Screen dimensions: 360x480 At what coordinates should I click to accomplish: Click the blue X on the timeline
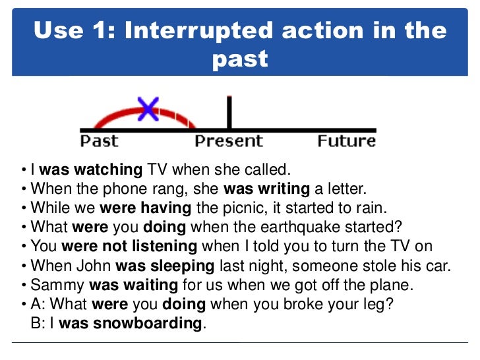tap(148, 109)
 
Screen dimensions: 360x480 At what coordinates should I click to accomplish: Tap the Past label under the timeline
tap(100, 141)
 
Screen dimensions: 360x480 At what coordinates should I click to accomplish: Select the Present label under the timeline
tap(228, 141)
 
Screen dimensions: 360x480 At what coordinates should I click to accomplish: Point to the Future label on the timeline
tap(346, 141)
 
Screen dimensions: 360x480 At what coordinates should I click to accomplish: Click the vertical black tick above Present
tap(229, 112)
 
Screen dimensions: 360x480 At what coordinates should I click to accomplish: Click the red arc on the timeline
tap(112, 117)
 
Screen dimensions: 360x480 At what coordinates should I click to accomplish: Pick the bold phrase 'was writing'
tap(266, 189)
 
